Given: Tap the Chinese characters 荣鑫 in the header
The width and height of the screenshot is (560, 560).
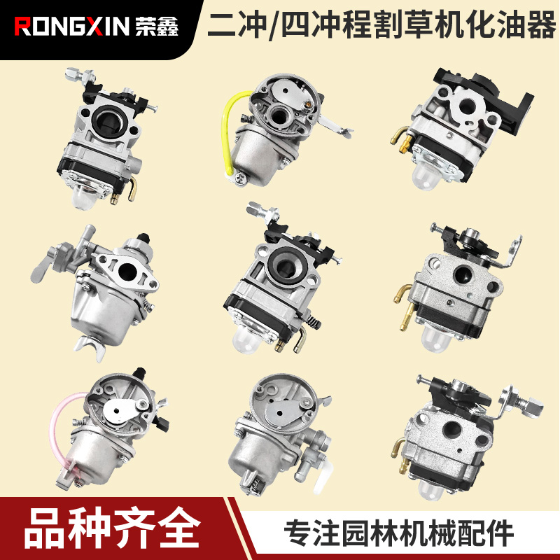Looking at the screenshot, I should (160, 27).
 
